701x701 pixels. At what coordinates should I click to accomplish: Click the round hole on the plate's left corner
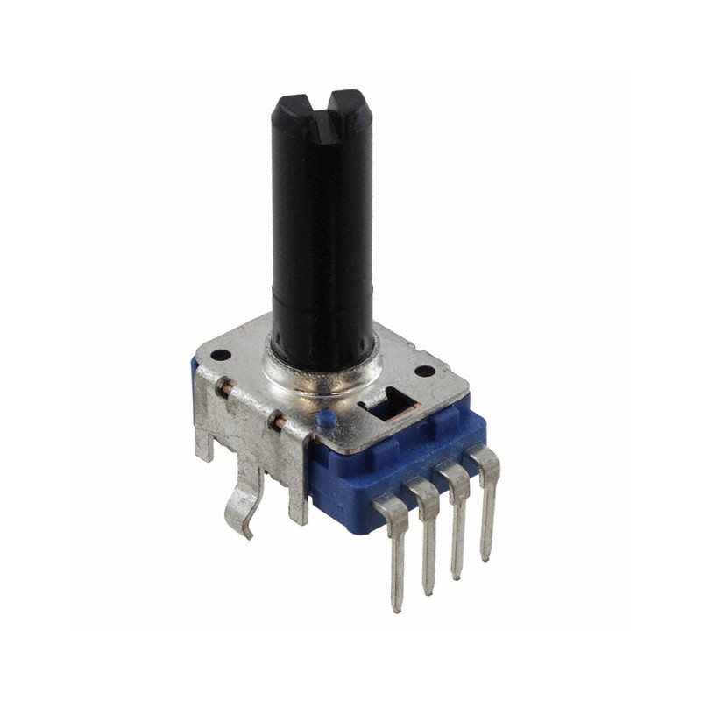[x=222, y=355]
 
